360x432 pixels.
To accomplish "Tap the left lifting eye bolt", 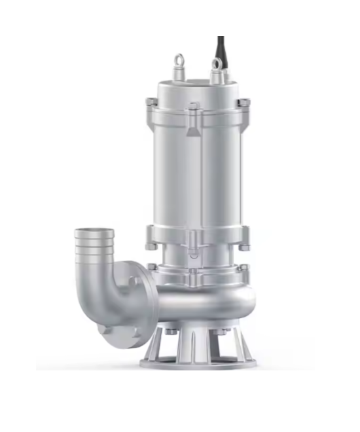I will [179, 63].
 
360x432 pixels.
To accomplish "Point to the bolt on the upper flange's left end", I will [151, 101].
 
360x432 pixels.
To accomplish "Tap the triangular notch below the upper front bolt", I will [194, 131].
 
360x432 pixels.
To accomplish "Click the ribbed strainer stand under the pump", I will [196, 344].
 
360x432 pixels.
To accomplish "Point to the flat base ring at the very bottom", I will [196, 361].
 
